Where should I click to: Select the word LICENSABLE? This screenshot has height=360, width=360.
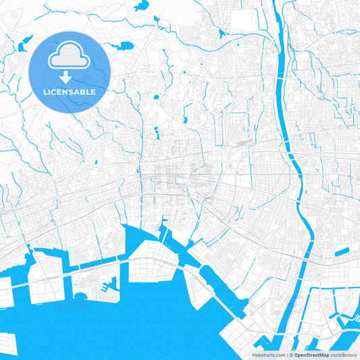point(70,91)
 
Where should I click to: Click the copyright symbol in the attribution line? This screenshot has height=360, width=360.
point(292,354)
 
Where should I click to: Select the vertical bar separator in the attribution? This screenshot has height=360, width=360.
point(286,354)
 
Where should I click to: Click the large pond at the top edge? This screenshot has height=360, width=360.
point(141,6)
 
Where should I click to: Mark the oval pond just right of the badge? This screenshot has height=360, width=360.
point(126,46)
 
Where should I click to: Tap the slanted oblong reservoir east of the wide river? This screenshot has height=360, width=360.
point(342,252)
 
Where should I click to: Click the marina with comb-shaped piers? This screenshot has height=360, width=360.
point(105,287)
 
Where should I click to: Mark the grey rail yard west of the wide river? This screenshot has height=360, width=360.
point(240,143)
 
